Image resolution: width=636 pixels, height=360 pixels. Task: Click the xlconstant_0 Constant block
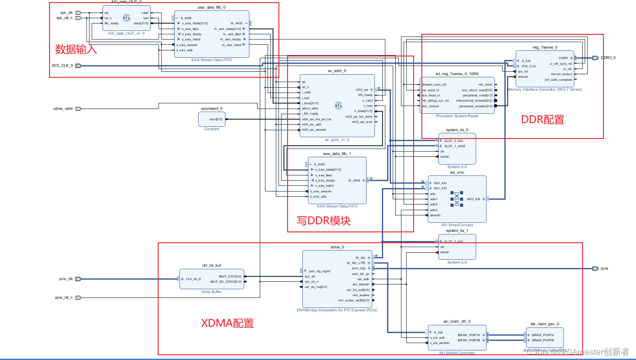point(212,119)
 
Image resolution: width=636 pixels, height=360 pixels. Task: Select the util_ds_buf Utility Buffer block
point(212,279)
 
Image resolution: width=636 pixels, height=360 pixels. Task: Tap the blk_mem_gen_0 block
point(545,337)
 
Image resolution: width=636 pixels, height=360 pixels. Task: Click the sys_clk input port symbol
point(79,13)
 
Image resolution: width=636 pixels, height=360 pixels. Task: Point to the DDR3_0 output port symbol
point(595,58)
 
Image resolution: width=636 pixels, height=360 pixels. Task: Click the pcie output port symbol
point(596,268)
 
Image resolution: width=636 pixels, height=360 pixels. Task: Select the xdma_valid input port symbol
point(79,109)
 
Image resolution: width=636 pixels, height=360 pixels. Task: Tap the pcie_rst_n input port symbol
point(79,297)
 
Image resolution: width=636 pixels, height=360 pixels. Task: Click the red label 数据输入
point(76,50)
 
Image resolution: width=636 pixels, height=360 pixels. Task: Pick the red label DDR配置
point(543,119)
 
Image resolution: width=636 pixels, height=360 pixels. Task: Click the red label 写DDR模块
point(324,221)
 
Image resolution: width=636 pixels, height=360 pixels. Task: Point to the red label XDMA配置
point(227,324)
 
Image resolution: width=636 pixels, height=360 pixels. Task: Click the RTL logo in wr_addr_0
point(338,106)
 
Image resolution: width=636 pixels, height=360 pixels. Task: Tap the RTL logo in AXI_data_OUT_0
point(126,18)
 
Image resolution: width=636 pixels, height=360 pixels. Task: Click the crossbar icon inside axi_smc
point(457,199)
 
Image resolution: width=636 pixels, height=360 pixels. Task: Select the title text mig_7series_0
point(545,47)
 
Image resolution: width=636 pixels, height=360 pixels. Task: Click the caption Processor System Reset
point(457,116)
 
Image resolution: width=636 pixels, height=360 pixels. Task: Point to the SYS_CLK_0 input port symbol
point(79,66)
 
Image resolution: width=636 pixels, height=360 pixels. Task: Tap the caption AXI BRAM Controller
point(457,353)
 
